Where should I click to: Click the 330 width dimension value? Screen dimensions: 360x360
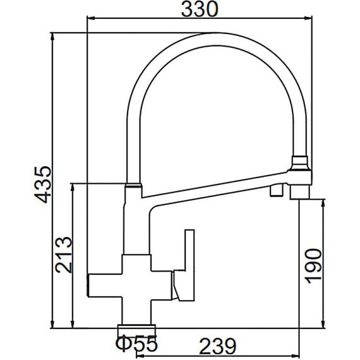coord(200,9)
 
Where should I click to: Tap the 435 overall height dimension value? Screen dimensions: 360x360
coord(43,184)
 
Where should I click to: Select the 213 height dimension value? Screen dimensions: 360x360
coord(64,255)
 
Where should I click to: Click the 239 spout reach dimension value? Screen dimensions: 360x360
coord(217,346)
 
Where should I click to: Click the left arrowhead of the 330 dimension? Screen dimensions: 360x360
coord(92,18)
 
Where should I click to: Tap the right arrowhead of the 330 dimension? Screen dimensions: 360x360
coord(308,18)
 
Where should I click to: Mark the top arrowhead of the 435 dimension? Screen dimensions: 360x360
coord(52,37)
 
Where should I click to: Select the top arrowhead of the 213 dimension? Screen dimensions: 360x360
coord(73,188)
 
